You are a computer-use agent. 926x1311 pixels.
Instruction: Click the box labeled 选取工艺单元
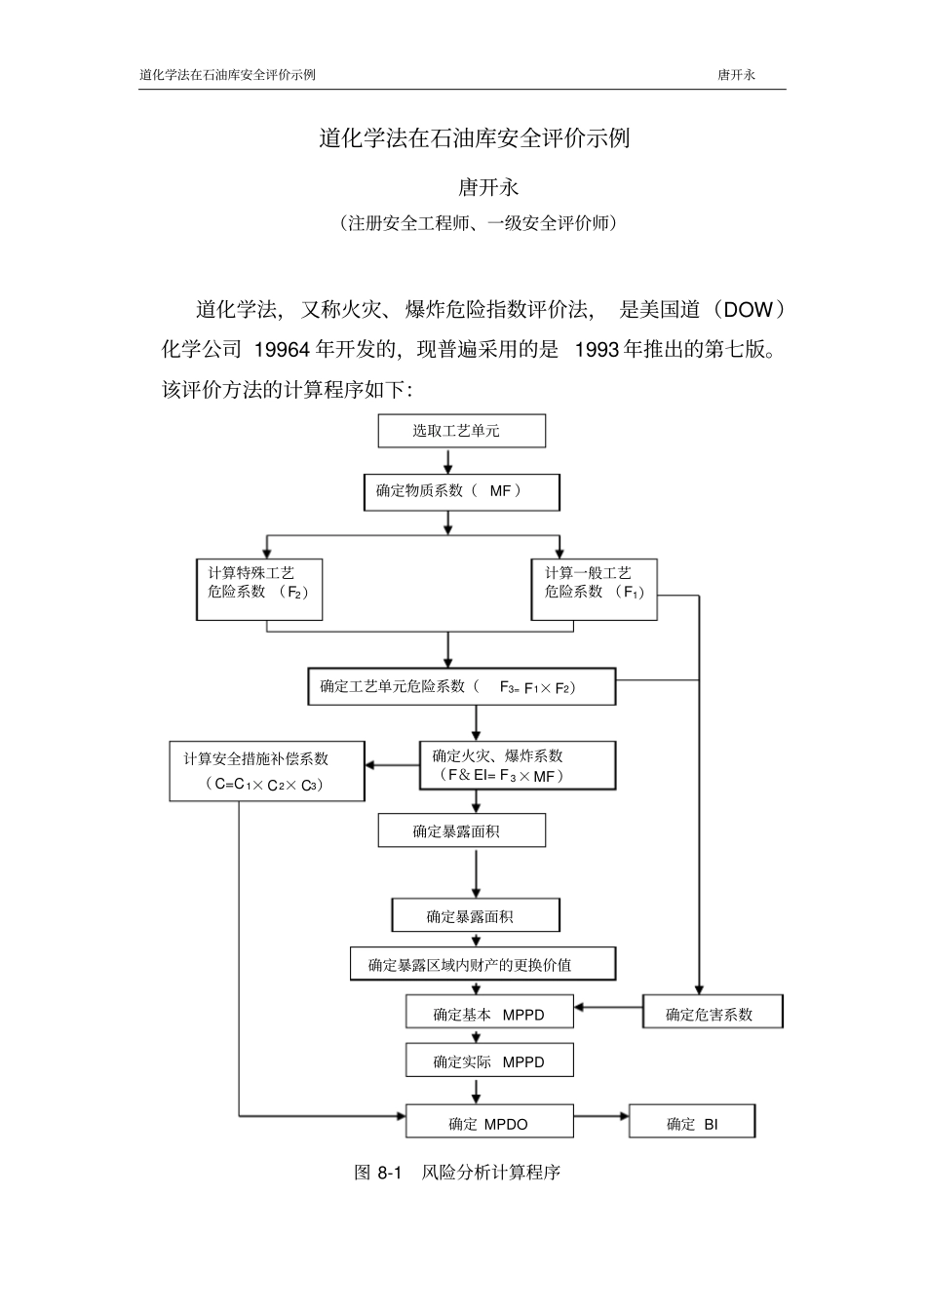click(x=461, y=431)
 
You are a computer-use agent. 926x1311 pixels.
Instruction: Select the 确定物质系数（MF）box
click(x=461, y=491)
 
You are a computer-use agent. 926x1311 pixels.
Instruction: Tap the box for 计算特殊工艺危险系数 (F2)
click(x=258, y=589)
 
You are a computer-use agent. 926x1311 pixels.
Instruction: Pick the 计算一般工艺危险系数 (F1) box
click(x=594, y=589)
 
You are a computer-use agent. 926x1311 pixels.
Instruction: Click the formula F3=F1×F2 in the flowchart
click(x=538, y=687)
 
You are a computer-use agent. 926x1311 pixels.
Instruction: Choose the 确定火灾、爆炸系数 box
click(x=518, y=765)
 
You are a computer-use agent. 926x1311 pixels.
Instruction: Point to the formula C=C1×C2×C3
click(x=266, y=785)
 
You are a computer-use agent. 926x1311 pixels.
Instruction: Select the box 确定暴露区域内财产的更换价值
click(x=482, y=965)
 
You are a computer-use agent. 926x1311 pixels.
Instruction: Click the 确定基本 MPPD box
click(x=489, y=1014)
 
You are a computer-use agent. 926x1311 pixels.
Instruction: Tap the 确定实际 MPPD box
click(x=489, y=1061)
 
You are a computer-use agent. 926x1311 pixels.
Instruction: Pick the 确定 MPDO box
click(x=489, y=1124)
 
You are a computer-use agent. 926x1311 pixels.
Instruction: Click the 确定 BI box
click(x=692, y=1124)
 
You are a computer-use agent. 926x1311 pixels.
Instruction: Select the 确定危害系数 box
click(x=713, y=1014)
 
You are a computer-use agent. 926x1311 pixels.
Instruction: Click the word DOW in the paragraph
click(x=748, y=310)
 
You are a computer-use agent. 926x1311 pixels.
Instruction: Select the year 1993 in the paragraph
click(x=597, y=349)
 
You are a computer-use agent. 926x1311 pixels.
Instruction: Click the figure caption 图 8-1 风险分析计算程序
click(x=457, y=1172)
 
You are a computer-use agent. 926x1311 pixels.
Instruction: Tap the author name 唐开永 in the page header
click(x=737, y=75)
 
